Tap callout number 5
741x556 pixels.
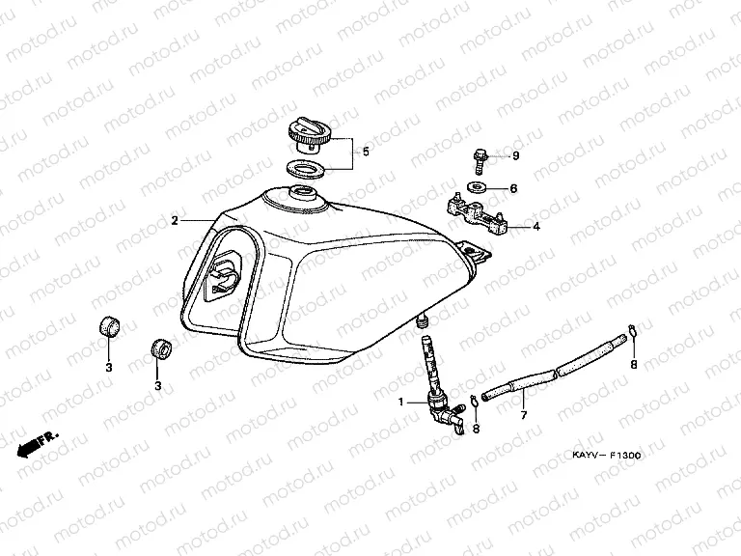pos(366,152)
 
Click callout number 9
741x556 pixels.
pos(515,155)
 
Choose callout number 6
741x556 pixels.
pos(514,188)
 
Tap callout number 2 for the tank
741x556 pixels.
pos(175,221)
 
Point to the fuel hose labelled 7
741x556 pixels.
pos(550,369)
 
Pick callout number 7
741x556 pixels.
pos(524,416)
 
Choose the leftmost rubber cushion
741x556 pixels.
pos(109,325)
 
